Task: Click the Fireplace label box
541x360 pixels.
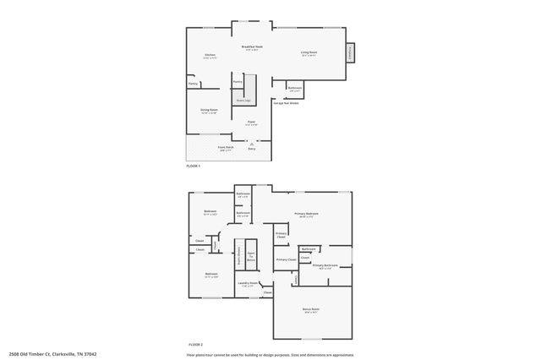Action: pos(350,52)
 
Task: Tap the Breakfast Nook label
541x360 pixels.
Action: pos(252,48)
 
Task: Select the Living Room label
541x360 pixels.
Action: pos(309,53)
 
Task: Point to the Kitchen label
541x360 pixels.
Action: pos(210,57)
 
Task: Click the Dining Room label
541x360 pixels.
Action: pos(209,111)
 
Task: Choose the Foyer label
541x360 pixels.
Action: pos(251,123)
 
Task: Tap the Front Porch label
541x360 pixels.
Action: pos(226,148)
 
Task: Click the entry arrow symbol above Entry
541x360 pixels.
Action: pos(251,144)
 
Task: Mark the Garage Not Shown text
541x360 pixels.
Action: pos(285,102)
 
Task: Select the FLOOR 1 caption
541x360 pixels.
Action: pos(194,166)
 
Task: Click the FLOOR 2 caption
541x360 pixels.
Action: pos(196,345)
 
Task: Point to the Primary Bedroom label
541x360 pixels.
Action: pos(306,215)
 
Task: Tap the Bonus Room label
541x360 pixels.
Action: pos(311,309)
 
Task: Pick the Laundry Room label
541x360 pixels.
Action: pos(247,283)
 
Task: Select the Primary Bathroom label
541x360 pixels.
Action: pos(325,266)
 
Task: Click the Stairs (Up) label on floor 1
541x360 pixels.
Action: pos(243,100)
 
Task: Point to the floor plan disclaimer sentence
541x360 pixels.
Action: pos(269,355)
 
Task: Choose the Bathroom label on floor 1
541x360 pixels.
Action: pos(295,88)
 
